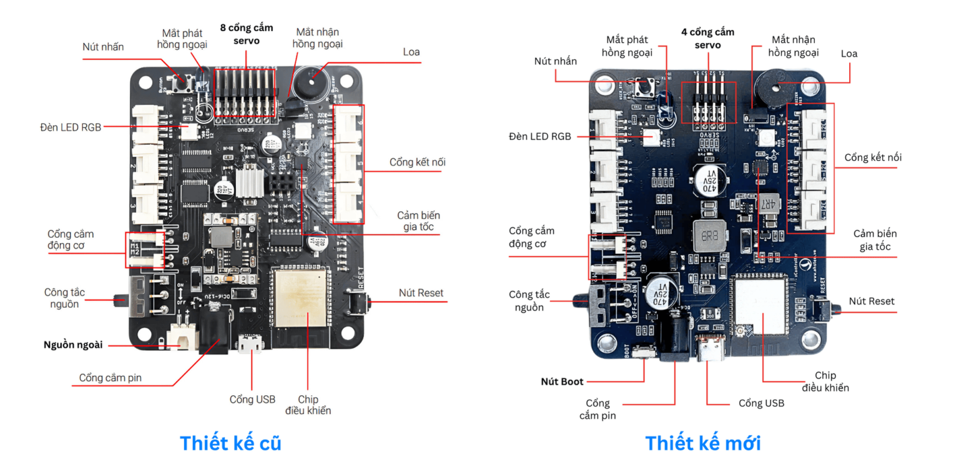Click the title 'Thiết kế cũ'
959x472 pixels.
(x=230, y=443)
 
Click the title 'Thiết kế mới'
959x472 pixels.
(x=702, y=443)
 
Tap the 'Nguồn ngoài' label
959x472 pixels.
(x=73, y=345)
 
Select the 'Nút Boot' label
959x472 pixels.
(x=562, y=381)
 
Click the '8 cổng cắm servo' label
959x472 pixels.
(x=246, y=34)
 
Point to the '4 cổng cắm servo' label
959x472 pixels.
(x=707, y=38)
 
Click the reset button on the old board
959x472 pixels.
(x=358, y=304)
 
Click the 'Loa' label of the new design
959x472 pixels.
(x=848, y=54)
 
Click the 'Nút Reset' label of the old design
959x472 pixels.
(x=421, y=293)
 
